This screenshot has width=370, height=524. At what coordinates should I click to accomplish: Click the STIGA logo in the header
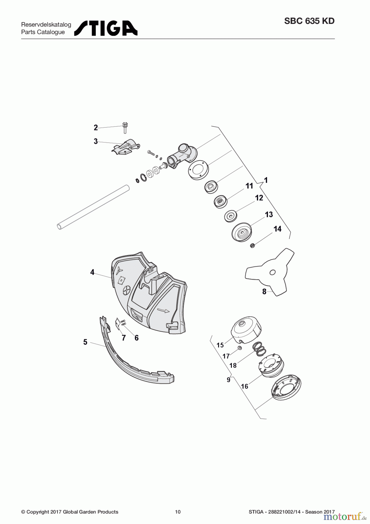106,28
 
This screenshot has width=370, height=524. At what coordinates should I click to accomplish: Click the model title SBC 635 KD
309,21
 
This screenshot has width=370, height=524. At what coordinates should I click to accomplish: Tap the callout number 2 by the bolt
96,128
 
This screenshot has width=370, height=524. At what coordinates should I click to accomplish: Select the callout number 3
96,141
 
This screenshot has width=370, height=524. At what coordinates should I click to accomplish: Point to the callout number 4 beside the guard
92,272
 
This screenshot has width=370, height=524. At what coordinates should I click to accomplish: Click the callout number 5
85,342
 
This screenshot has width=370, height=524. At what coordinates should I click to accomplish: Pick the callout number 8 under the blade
264,291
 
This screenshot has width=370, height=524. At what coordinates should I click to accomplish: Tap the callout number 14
277,229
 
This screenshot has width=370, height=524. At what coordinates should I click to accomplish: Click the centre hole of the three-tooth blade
272,272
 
